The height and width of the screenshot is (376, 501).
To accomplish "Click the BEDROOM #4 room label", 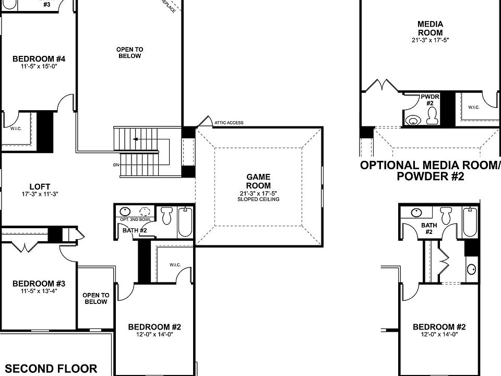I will click(39, 58).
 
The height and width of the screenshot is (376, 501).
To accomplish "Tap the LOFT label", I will click(39, 185).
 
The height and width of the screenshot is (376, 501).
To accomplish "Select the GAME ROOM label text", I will click(258, 181).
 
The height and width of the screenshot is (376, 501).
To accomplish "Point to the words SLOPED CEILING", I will click(258, 199).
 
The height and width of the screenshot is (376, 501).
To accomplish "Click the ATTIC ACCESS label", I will click(229, 123).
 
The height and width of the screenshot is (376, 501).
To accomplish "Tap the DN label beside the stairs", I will click(116, 165).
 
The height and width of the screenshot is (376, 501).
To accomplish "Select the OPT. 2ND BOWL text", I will click(135, 220).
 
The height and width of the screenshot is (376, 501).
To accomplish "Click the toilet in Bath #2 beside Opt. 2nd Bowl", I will click(167, 215).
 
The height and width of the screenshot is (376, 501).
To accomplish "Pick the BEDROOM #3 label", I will click(39, 284).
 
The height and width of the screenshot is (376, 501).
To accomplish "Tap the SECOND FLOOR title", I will click(51, 368).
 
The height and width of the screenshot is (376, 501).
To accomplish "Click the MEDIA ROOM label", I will click(431, 28).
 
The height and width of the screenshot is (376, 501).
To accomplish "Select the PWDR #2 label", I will click(430, 100).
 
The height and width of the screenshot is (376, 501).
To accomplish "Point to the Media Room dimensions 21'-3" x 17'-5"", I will click(431, 40).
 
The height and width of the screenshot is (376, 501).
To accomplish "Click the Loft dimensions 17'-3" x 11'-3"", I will click(39, 194).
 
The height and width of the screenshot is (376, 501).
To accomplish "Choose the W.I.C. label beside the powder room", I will click(473, 108).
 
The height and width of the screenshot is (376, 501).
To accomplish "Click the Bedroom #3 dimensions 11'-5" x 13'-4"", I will click(39, 291).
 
